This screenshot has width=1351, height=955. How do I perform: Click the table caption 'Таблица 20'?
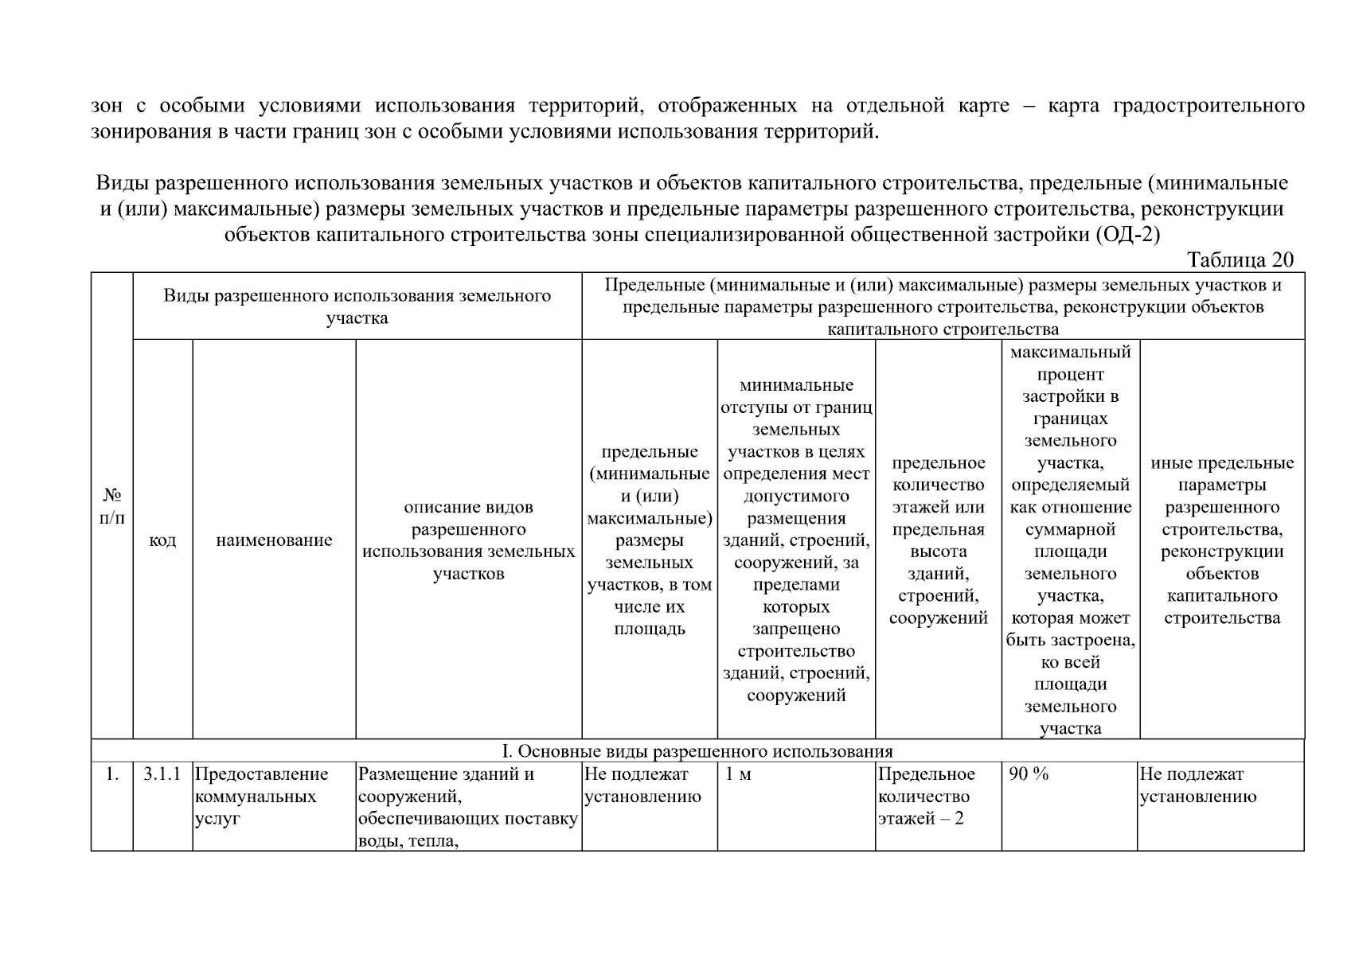1240,260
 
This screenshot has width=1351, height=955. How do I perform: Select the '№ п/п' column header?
112,506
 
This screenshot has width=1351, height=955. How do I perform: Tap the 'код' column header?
162,540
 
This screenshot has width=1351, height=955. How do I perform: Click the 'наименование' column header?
274,540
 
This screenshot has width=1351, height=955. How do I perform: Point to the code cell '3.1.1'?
162,774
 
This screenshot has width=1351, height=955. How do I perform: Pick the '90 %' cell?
1029,774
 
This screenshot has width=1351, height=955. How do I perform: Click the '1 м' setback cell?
738,774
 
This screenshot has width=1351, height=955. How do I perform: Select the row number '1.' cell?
112,774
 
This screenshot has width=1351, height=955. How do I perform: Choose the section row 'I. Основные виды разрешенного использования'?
697,751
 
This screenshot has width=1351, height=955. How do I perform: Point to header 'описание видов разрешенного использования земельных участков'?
468,540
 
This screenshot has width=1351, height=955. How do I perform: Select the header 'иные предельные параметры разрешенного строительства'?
1222,540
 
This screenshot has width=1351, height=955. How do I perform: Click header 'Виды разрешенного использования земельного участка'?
357,307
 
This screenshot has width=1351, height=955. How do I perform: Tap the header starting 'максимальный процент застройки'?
1070,540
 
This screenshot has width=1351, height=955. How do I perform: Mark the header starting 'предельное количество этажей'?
938,540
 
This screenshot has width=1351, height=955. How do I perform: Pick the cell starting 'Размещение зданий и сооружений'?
468,807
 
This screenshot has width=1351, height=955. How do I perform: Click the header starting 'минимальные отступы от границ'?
796,540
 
